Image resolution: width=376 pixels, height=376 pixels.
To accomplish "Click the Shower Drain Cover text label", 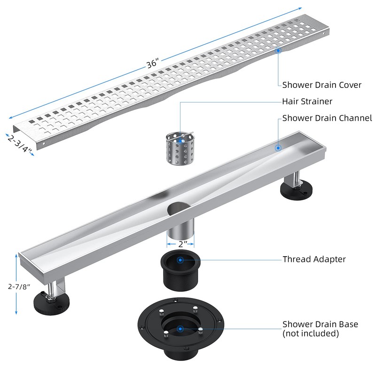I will point(321,85).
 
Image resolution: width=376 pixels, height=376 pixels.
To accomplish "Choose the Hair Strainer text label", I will point(307,101).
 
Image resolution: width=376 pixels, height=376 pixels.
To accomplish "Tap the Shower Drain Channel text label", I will point(327,118).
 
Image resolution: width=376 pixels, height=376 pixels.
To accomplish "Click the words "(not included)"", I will point(310,334).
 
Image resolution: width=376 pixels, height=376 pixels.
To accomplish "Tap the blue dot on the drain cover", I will point(278,49).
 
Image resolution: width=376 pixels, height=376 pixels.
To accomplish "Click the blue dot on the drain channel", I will point(278,148).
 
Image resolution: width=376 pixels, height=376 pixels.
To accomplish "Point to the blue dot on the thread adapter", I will point(180,259).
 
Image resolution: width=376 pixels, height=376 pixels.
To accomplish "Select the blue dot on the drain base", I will point(180,329).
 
